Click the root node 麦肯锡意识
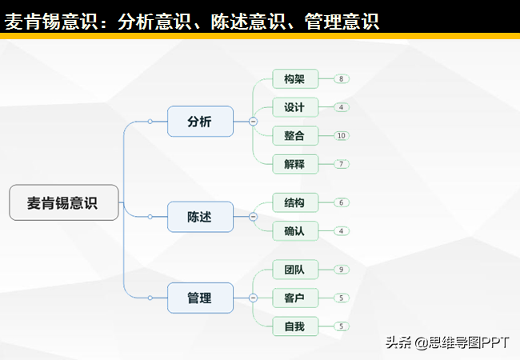[64, 202]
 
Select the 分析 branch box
[200, 122]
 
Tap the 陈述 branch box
[200, 217]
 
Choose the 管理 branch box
[200, 298]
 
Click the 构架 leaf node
[295, 79]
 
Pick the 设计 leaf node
[295, 107]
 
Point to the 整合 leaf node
[295, 135]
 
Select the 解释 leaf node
[295, 164]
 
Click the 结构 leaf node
[295, 202]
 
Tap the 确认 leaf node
[295, 231]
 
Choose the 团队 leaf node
[295, 270]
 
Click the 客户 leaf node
[295, 298]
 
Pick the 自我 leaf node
[295, 326]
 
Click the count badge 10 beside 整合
[342, 135]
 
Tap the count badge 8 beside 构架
[342, 79]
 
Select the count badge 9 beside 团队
[342, 270]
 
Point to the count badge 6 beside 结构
[342, 202]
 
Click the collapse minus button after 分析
[253, 122]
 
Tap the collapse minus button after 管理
[253, 298]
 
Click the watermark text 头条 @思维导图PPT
[447, 342]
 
